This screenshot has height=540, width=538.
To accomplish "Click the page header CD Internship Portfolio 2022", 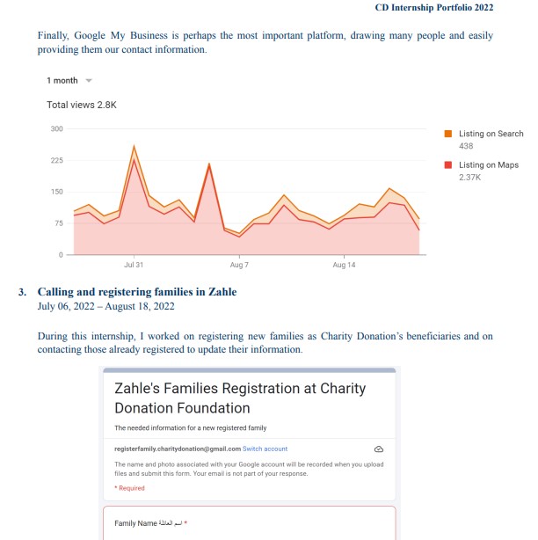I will [433, 8].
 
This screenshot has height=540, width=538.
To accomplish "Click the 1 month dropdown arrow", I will [88, 81].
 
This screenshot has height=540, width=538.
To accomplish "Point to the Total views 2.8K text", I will [81, 105].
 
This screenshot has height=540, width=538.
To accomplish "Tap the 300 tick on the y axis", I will [57, 128].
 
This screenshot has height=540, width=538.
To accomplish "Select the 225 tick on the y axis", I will [57, 160].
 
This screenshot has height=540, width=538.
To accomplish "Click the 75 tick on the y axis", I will [59, 223].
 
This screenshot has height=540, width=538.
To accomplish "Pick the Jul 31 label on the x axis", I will [134, 265].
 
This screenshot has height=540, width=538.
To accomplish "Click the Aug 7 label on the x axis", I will [239, 265].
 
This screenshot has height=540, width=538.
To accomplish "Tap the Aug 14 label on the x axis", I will [345, 265].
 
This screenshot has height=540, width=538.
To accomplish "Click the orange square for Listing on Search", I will [447, 134].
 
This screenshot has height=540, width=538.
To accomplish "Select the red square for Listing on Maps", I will [447, 164].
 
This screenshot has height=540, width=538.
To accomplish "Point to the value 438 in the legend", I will [466, 146].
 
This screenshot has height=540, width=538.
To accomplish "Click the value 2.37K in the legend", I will [469, 177].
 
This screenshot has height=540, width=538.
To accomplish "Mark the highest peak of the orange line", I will [134, 146].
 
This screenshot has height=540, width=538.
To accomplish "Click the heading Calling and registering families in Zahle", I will [136, 291].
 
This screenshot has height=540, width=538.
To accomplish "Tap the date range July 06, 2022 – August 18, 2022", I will [105, 306].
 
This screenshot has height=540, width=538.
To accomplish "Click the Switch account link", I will [265, 449].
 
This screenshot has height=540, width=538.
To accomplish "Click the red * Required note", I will [129, 488].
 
